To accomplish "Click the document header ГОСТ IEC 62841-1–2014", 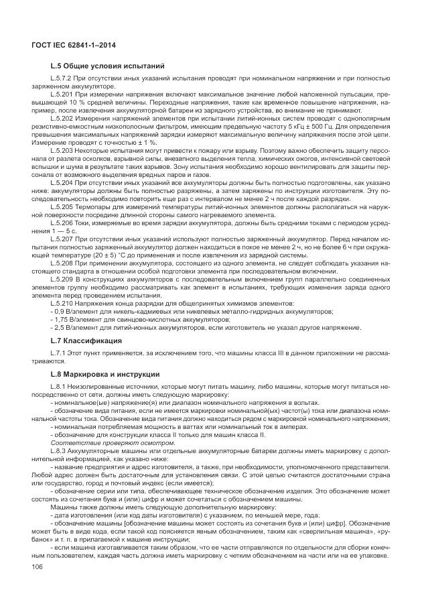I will click(x=72, y=44).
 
